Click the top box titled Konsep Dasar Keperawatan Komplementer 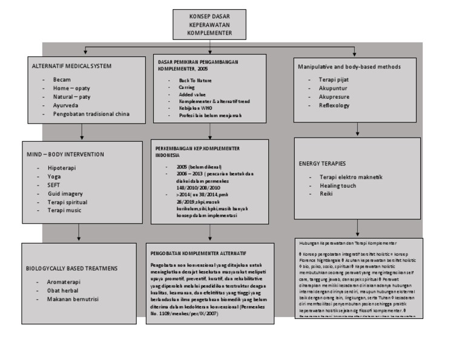pyautogui.click(x=210, y=25)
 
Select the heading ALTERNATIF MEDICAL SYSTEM pyautogui.click(x=71, y=65)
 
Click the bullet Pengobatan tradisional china pyautogui.click(x=91, y=114)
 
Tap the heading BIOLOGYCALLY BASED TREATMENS pyautogui.click(x=71, y=267)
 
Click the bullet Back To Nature pyautogui.click(x=196, y=79)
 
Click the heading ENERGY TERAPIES pyautogui.click(x=322, y=164)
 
